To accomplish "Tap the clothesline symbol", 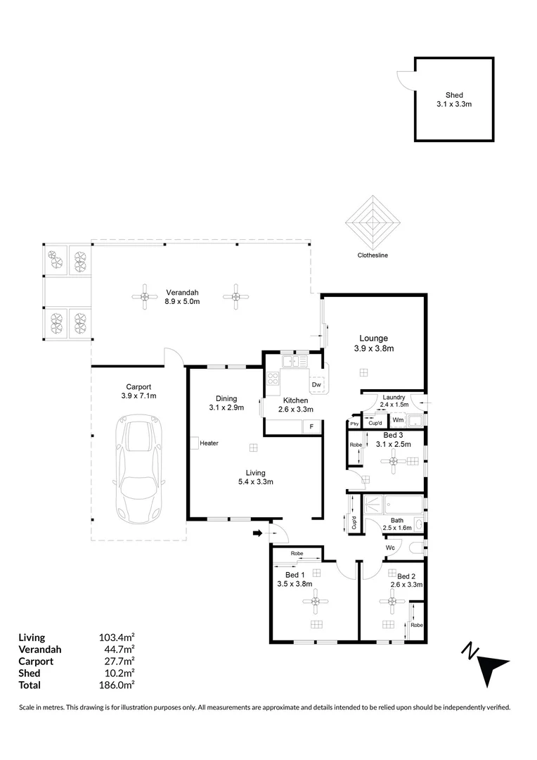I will pos(373,222).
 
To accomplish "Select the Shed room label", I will pos(453,95).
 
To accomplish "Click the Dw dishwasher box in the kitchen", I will pos(316,385).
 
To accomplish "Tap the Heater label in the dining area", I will pos(209,443).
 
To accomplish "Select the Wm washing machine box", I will pos(397,420).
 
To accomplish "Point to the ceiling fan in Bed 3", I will pos(394,461).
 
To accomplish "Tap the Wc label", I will pos(390,547).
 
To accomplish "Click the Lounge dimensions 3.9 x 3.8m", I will pos(373,348).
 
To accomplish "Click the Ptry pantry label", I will pos(355,423).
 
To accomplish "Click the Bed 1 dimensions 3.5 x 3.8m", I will pos(295,583).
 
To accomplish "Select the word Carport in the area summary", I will pos(36,661).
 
